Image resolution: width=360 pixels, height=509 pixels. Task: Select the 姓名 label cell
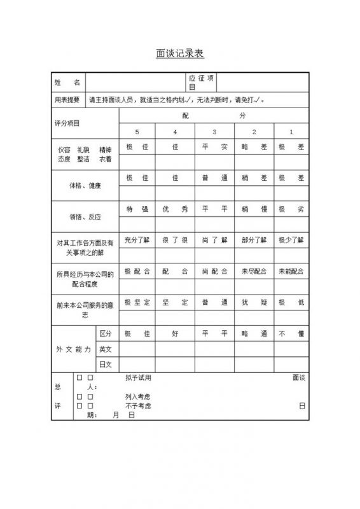(67, 83)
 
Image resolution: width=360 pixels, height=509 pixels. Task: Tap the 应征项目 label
(202, 82)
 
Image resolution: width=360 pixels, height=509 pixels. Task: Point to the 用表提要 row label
(67, 100)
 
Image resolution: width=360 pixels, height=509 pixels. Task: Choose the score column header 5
(136, 132)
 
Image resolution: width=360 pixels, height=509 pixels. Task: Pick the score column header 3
(214, 132)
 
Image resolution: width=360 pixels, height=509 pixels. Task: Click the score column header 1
(291, 132)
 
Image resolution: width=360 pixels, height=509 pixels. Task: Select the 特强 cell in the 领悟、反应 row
(137, 209)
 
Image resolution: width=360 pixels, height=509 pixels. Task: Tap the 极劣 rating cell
(291, 209)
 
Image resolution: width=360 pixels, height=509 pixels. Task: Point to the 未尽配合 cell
(254, 271)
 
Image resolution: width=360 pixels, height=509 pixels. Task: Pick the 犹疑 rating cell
(254, 302)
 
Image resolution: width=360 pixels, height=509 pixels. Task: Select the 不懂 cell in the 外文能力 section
(291, 333)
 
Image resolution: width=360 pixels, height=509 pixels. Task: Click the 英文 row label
(106, 349)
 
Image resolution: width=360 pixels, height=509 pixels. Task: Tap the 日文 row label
(106, 365)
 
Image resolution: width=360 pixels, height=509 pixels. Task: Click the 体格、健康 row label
(85, 186)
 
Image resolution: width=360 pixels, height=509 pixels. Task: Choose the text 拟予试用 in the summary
(139, 378)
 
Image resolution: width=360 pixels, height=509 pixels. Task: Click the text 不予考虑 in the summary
(139, 405)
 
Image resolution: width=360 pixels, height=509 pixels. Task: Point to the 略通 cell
(254, 333)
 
